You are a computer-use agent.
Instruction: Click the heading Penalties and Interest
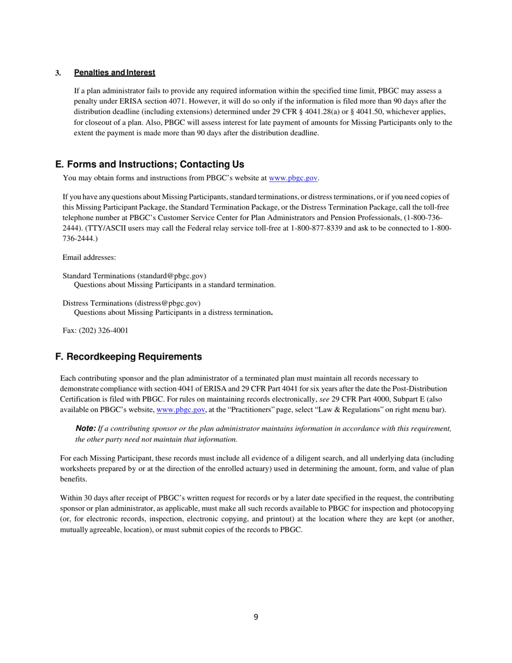(114, 73)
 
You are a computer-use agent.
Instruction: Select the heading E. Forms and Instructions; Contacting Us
(150, 164)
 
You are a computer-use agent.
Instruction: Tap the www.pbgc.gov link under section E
(293, 177)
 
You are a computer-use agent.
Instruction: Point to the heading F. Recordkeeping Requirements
(129, 357)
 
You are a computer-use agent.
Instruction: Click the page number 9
(256, 617)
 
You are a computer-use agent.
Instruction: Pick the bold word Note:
(86, 429)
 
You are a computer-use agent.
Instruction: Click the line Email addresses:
(89, 258)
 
